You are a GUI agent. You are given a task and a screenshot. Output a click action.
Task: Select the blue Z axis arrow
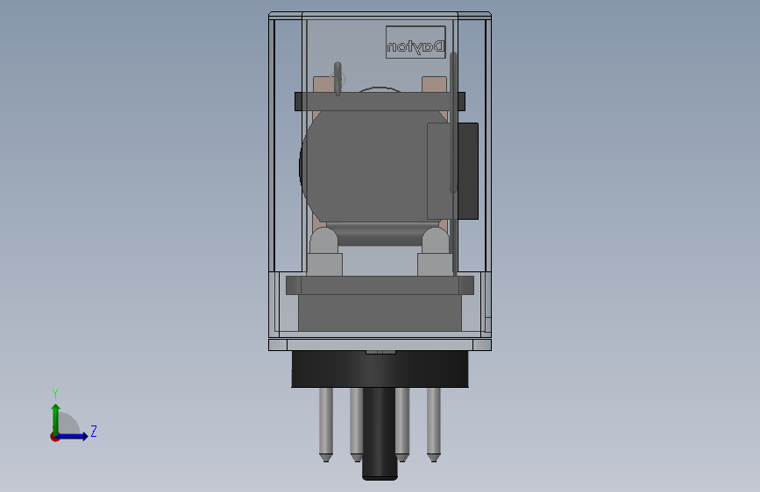pyautogui.click(x=75, y=435)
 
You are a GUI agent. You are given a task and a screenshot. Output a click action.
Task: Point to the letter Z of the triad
pyautogui.click(x=93, y=432)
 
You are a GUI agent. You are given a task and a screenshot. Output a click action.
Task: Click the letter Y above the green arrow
pyautogui.click(x=55, y=394)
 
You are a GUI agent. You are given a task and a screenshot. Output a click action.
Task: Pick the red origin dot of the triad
pyautogui.click(x=54, y=436)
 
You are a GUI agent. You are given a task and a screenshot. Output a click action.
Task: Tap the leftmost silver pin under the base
pyautogui.click(x=325, y=424)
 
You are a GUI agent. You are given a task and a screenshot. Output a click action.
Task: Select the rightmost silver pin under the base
pyautogui.click(x=433, y=424)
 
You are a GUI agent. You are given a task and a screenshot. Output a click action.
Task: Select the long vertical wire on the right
pyautogui.click(x=453, y=123)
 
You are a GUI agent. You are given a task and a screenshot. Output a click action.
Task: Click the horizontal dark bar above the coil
pyautogui.click(x=377, y=102)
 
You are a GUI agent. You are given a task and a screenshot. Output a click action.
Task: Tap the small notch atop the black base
pyautogui.click(x=380, y=352)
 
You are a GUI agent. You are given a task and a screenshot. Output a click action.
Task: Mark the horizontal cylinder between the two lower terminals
pyautogui.click(x=379, y=235)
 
